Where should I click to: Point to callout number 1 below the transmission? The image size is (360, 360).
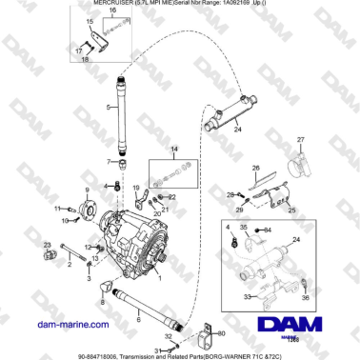point(159,278)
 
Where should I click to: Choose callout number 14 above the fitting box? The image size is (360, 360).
point(173,150)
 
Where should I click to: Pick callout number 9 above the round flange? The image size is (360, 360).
point(88,191)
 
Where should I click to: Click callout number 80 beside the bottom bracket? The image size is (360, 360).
point(222,334)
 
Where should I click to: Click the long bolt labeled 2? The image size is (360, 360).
point(75,254)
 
